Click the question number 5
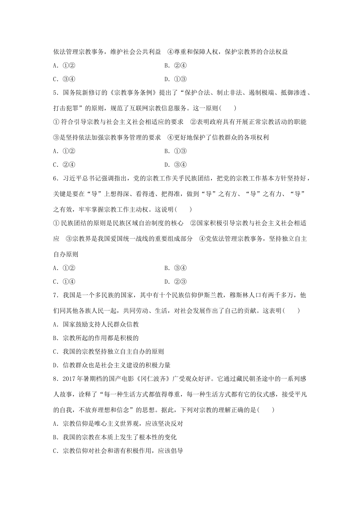point(55,93)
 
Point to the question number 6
point(55,178)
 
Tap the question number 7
point(55,295)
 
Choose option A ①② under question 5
point(64,151)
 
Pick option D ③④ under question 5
point(176,165)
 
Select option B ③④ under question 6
point(176,268)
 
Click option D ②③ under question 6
point(176,282)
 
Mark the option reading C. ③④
point(64,79)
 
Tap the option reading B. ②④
point(176,66)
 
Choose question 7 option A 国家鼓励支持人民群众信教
point(96,324)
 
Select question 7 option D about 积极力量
point(112,365)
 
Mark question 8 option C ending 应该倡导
point(118,451)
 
